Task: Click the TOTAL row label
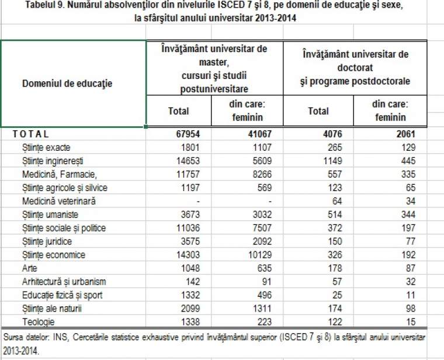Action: pyautogui.click(x=30, y=134)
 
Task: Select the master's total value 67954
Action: pyautogui.click(x=188, y=134)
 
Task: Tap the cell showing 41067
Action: pyautogui.click(x=259, y=134)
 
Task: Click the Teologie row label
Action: pyautogui.click(x=38, y=322)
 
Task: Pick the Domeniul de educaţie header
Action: pyautogui.click(x=67, y=84)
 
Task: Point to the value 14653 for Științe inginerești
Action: pyautogui.click(x=188, y=161)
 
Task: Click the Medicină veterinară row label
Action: pyautogui.click(x=59, y=201)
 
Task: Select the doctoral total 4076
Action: pyautogui.click(x=332, y=134)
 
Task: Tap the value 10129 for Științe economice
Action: pyautogui.click(x=260, y=255)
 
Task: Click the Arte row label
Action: pyautogui.click(x=29, y=268)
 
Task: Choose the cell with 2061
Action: pyautogui.click(x=406, y=134)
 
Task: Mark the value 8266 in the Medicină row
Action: pyautogui.click(x=262, y=174)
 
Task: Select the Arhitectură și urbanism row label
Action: pyautogui.click(x=64, y=282)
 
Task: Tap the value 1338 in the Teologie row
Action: pyautogui.click(x=190, y=322)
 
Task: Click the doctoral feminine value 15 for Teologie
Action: pyautogui.click(x=411, y=322)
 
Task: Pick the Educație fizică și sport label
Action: pyautogui.click(x=63, y=295)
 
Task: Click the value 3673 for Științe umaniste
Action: pyautogui.click(x=190, y=214)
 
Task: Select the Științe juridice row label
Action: pyautogui.click(x=47, y=241)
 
